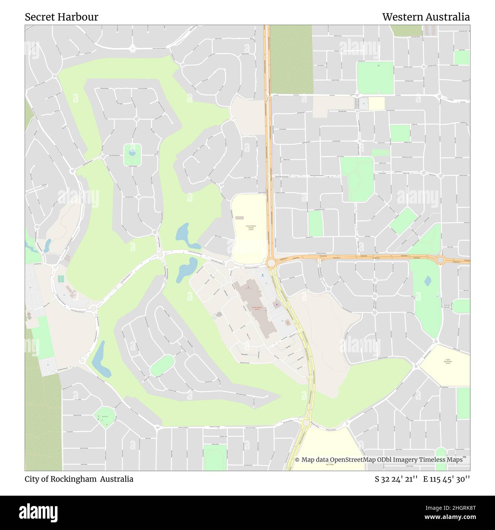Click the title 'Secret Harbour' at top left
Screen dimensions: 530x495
tap(62, 17)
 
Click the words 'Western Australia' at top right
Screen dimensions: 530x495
tap(426, 17)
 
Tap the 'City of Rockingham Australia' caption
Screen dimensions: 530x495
tap(79, 479)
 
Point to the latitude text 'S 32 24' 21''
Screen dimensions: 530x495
tap(397, 479)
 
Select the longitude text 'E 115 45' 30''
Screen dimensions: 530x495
tap(446, 479)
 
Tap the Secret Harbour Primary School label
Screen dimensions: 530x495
tap(251, 228)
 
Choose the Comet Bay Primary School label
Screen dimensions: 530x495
tap(447, 361)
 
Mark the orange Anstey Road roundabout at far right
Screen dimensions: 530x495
tap(440, 260)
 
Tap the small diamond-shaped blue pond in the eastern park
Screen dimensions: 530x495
tap(428, 281)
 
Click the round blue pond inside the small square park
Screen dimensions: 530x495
tap(132, 153)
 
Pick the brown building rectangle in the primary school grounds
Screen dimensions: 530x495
tap(240, 218)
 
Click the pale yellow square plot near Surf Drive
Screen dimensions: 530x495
tap(376, 104)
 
